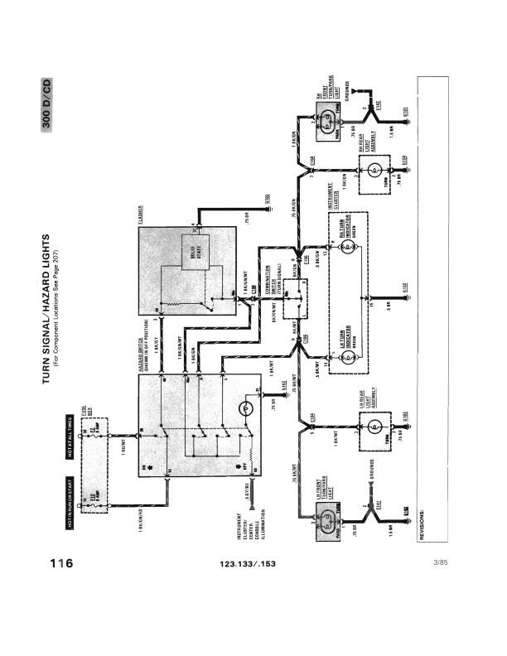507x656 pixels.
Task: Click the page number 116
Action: (60, 563)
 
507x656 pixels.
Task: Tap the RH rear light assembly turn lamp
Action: (374, 172)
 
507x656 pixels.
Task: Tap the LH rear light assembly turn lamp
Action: (374, 427)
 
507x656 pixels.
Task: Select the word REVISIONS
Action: (422, 523)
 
